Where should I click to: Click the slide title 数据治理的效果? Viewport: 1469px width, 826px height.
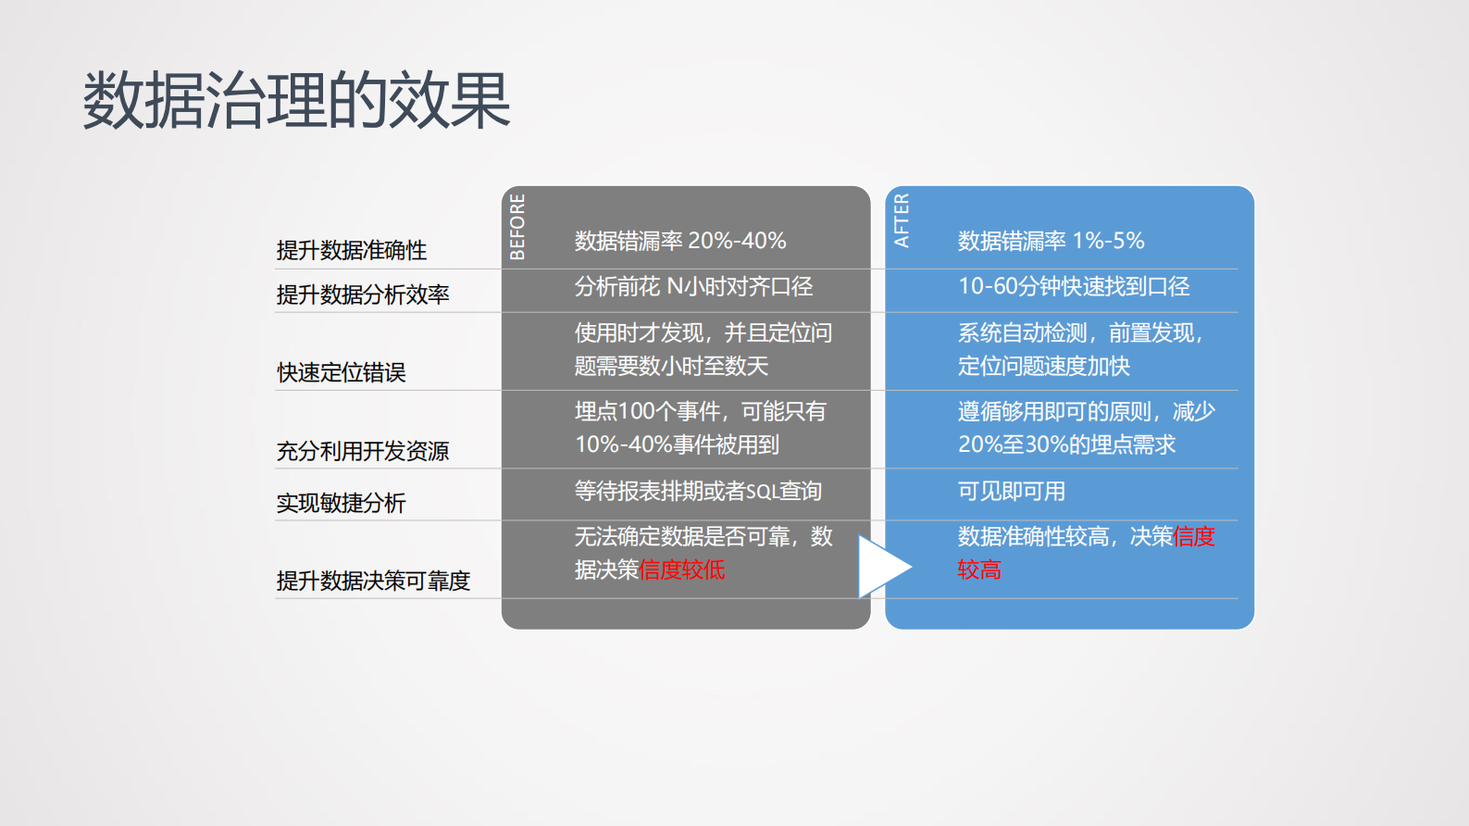(x=296, y=100)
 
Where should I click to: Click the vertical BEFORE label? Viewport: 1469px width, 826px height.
(x=517, y=227)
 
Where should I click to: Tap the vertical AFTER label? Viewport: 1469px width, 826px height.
(x=902, y=220)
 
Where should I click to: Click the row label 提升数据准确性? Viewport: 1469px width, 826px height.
(x=352, y=250)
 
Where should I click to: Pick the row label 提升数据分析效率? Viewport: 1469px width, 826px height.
(x=363, y=294)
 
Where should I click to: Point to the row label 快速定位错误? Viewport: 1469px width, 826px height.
(x=342, y=372)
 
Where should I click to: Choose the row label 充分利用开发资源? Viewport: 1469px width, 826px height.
(x=363, y=451)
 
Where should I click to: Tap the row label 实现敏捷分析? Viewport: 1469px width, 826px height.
(x=342, y=503)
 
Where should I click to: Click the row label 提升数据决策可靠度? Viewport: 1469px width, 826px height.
(x=373, y=581)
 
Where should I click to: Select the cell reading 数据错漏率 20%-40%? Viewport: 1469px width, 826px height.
(x=680, y=241)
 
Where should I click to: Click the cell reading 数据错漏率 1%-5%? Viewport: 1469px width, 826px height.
(x=1051, y=241)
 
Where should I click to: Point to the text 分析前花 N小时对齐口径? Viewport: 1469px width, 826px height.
(x=693, y=287)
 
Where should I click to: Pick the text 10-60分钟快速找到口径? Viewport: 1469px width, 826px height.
(x=1074, y=287)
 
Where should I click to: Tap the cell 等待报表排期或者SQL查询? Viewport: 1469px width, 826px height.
(x=698, y=491)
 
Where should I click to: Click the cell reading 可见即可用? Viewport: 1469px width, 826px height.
(x=1011, y=491)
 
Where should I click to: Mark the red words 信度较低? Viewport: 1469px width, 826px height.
(x=682, y=569)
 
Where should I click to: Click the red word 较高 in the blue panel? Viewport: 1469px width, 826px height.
(x=979, y=569)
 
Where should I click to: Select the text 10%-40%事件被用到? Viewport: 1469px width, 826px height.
(x=677, y=444)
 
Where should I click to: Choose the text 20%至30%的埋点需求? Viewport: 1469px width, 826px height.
(x=1066, y=444)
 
